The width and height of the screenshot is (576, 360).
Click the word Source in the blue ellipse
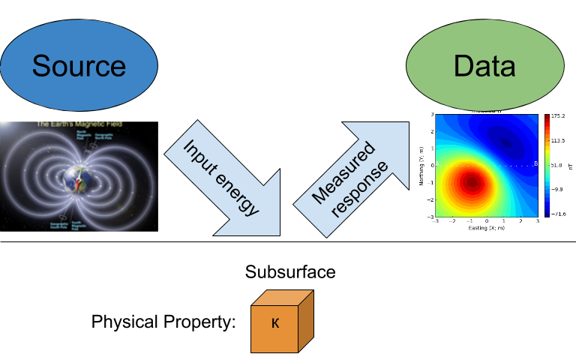(x=79, y=66)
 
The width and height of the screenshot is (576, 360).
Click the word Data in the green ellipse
(x=484, y=66)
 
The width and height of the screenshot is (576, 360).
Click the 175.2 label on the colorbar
(x=558, y=116)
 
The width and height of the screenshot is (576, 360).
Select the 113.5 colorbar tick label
(x=558, y=140)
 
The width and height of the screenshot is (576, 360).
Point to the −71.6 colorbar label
(x=557, y=214)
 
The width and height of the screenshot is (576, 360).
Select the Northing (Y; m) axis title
(x=422, y=165)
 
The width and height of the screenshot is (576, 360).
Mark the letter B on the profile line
(x=535, y=163)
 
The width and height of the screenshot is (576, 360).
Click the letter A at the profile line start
(x=438, y=164)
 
